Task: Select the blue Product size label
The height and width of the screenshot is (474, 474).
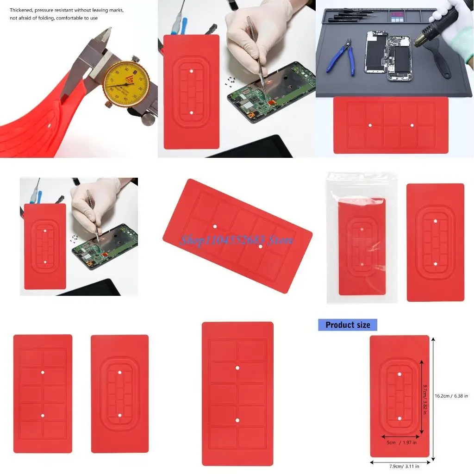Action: point(348,325)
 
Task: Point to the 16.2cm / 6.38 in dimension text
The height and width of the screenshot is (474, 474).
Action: point(451,396)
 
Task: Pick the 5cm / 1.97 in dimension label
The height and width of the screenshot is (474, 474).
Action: point(401,443)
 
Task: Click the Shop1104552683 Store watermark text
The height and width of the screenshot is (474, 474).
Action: point(237,240)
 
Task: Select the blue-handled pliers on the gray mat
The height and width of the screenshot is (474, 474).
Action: point(340,57)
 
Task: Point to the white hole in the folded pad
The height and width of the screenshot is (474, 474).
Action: point(49,125)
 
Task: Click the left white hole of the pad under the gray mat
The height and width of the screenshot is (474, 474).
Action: point(370,125)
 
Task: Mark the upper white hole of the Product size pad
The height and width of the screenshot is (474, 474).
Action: point(399,374)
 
